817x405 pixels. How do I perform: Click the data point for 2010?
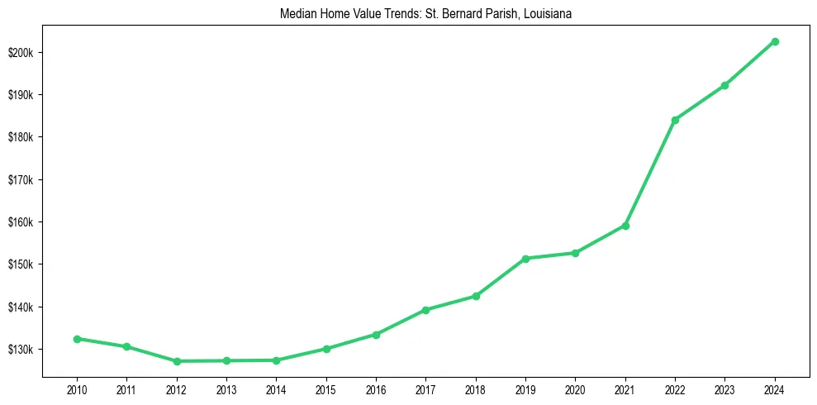tap(77, 339)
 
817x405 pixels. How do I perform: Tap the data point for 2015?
tap(326, 349)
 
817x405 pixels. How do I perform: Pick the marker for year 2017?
tap(425, 310)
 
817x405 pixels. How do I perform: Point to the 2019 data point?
tap(525, 259)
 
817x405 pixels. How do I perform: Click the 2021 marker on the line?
tap(625, 226)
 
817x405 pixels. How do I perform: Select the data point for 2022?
tap(675, 120)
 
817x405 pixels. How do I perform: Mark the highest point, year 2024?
tap(775, 41)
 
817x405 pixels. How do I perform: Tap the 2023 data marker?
tap(724, 85)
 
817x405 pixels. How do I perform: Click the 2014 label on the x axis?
tap(276, 389)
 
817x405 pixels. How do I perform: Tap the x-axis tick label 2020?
tap(575, 389)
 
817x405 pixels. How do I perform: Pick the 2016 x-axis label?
tap(376, 389)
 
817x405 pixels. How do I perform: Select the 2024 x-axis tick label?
tap(775, 389)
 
